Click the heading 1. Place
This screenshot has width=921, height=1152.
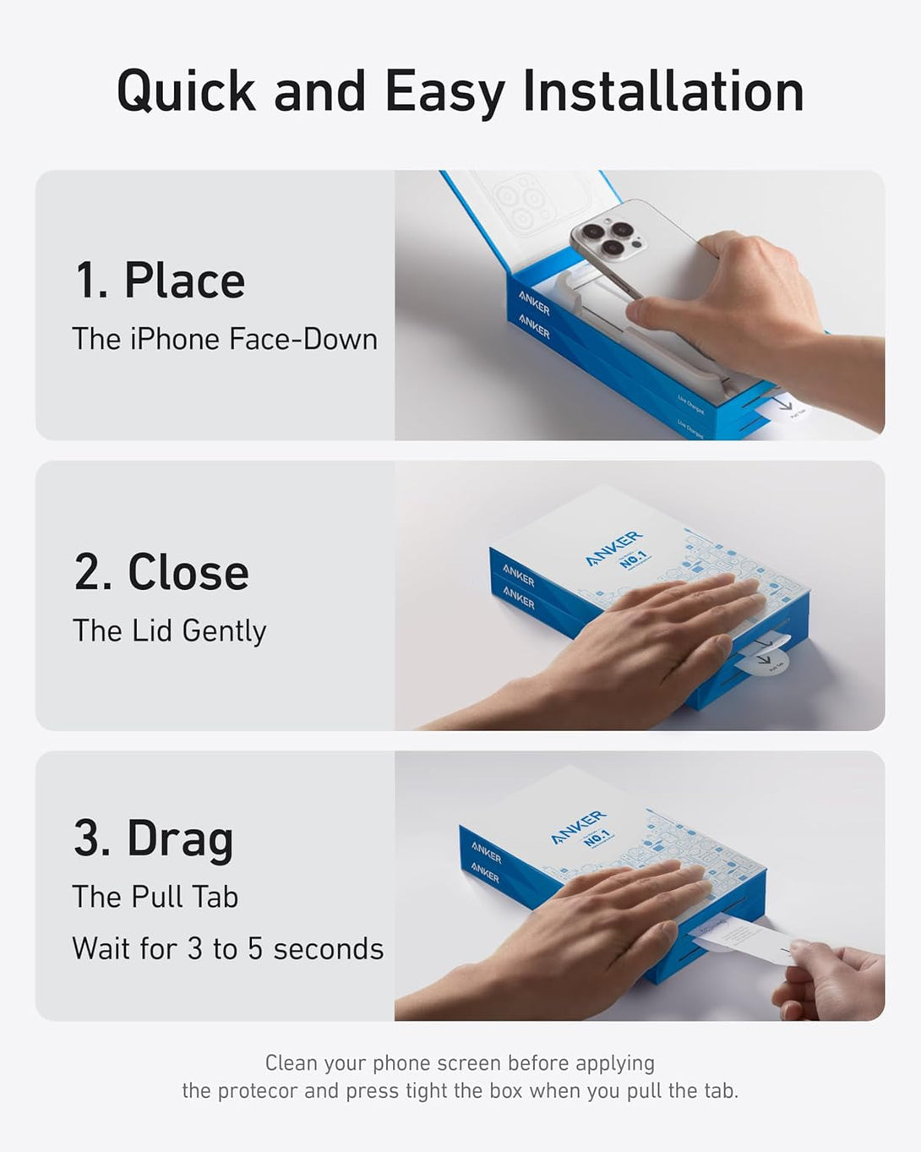[160, 281]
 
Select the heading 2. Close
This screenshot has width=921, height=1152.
[161, 572]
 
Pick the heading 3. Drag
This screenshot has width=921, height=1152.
[153, 838]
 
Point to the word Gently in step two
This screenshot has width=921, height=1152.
[224, 631]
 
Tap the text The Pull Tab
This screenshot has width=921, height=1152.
[155, 897]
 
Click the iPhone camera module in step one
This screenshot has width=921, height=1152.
[610, 236]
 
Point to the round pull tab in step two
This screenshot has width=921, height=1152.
[763, 659]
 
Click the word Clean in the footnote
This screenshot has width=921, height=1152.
[292, 1062]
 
